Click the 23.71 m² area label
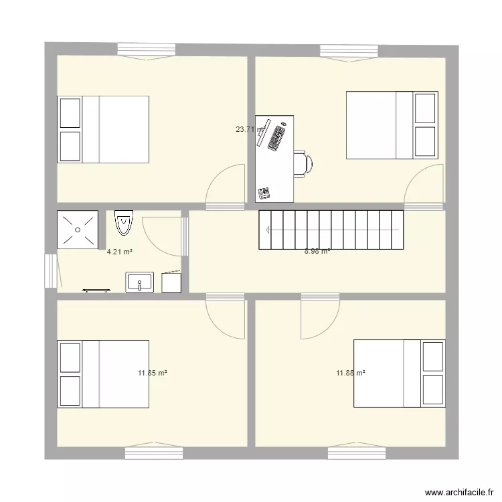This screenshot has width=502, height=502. [249, 130]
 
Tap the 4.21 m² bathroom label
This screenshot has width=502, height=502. [120, 252]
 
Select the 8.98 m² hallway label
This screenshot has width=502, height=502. [317, 252]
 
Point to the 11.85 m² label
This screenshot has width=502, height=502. [153, 373]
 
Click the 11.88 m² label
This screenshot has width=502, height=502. [350, 373]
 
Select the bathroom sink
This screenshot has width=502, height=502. [139, 282]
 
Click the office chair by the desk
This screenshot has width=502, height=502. [303, 163]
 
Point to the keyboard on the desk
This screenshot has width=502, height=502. [276, 137]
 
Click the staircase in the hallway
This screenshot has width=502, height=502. [332, 230]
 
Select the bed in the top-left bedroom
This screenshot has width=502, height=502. [103, 129]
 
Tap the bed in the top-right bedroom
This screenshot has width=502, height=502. [392, 125]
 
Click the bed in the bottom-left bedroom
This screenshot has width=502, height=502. [103, 374]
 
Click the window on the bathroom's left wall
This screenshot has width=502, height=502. [51, 270]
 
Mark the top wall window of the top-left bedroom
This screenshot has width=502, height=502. [147, 50]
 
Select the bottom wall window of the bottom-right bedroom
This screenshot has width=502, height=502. [356, 452]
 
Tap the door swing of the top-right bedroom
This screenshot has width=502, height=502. [423, 186]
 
